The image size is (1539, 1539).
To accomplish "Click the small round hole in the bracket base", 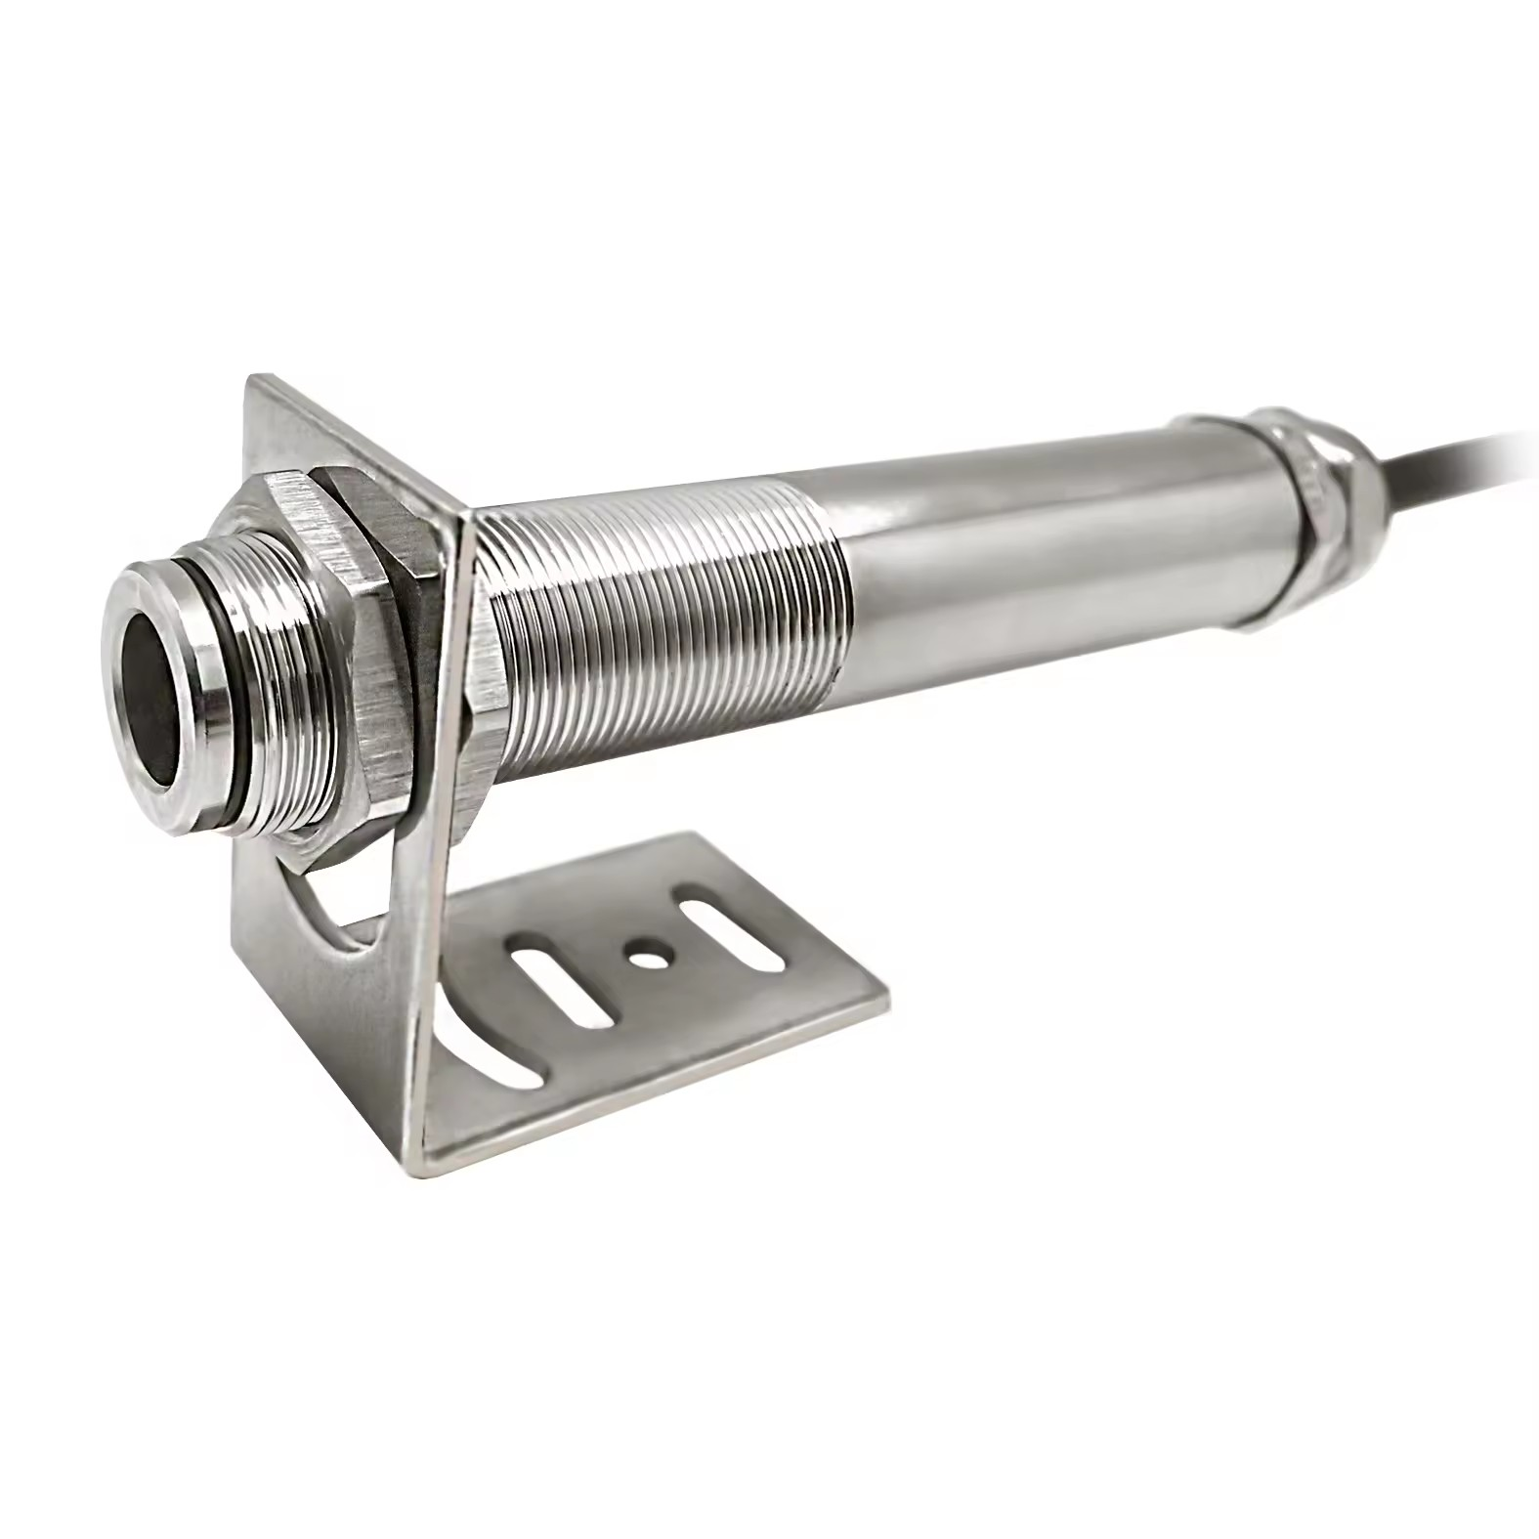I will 643,950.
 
